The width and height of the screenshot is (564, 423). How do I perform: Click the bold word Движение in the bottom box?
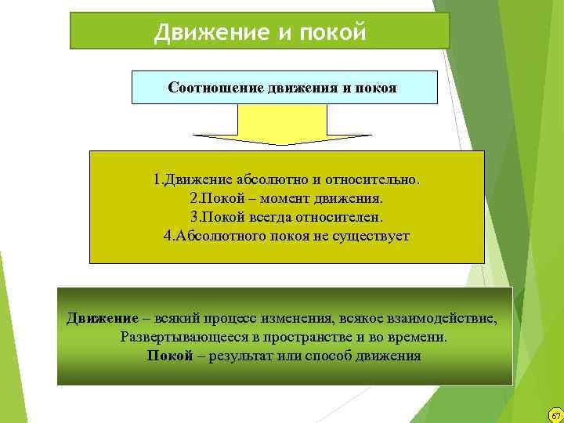[x=102, y=319]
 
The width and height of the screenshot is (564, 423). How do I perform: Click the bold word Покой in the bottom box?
[x=170, y=356]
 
